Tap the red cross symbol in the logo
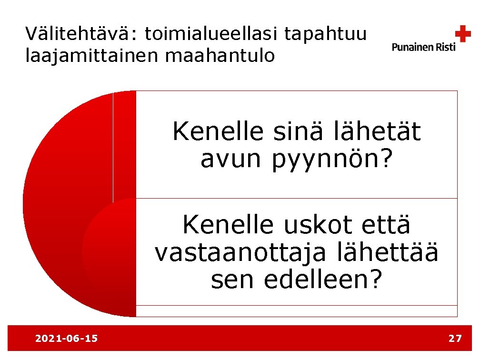point(462,34)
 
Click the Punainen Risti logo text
point(423,47)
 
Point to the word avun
point(230,160)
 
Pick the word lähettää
point(387,253)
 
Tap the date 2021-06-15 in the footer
point(66,339)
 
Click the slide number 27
point(455,339)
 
